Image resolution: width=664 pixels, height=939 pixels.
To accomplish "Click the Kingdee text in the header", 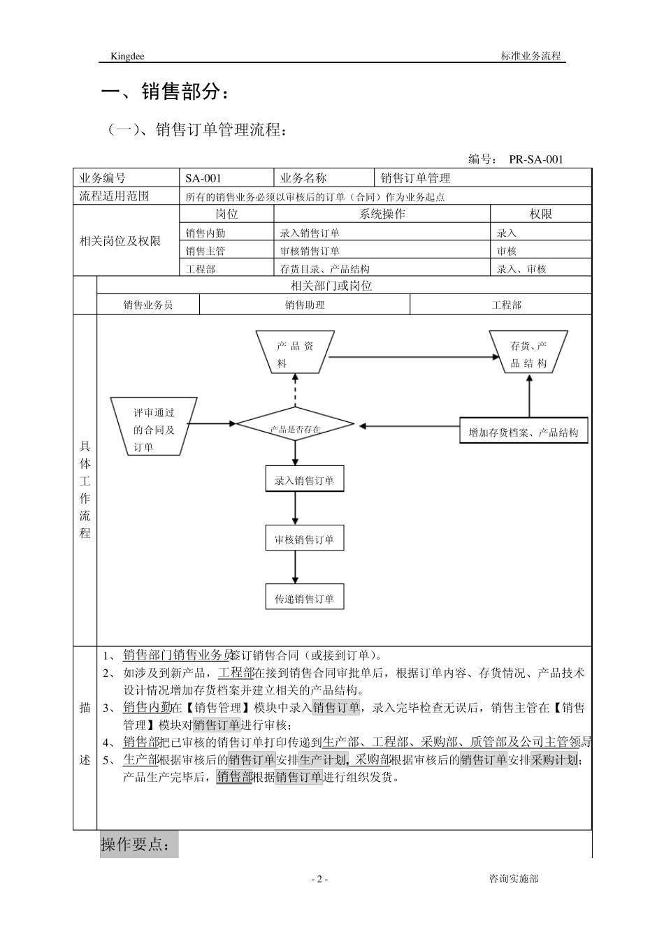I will [127, 56].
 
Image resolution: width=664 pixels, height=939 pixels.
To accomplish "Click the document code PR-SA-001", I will [535, 159].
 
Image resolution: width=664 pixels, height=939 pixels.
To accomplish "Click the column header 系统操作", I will [382, 214].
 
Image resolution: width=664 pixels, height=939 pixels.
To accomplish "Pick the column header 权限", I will [540, 214].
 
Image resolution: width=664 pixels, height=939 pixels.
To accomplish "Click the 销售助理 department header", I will [305, 305].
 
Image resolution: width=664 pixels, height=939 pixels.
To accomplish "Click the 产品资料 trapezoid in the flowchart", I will [295, 354].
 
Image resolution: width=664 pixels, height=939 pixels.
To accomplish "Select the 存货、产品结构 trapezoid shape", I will [528, 354].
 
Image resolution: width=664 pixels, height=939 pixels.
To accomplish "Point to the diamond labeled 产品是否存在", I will [295, 425].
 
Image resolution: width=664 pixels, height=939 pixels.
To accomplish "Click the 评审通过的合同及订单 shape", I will [154, 426].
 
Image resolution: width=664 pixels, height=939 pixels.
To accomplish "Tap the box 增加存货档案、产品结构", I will [524, 431].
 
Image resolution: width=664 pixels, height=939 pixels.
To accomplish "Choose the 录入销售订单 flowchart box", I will [304, 481].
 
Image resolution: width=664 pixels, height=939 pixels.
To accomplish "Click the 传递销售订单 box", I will [304, 599].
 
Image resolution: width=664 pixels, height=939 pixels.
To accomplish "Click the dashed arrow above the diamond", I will [295, 389].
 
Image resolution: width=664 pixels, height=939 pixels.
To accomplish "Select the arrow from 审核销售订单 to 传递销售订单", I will [295, 568].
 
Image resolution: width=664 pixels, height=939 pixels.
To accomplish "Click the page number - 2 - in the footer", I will [318, 880].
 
